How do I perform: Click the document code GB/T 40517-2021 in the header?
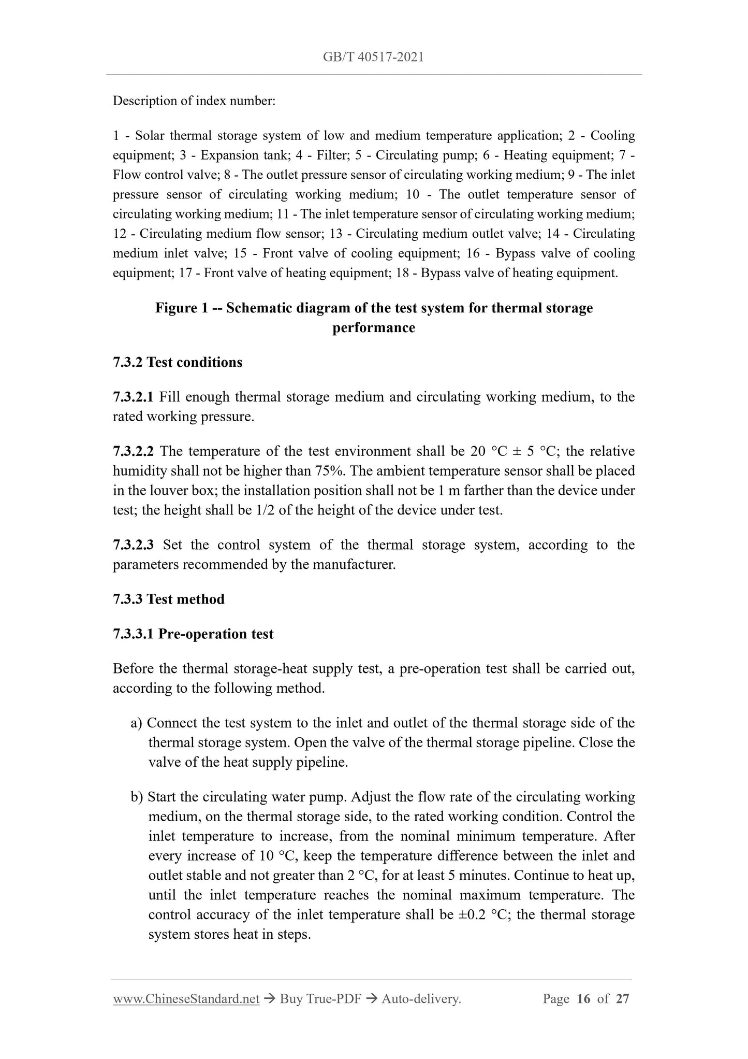click(373, 57)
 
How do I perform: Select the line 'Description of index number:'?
click(194, 101)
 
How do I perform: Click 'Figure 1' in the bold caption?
click(181, 308)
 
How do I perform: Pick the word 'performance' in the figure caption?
click(374, 328)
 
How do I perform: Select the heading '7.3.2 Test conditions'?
click(178, 362)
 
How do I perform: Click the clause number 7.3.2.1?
click(133, 397)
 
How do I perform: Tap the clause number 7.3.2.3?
click(133, 545)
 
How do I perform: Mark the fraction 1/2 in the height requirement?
click(266, 510)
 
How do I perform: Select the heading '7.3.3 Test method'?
click(169, 599)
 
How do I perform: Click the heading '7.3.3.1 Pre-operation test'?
click(193, 634)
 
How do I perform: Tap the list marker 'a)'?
click(137, 723)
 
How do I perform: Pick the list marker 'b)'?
click(137, 797)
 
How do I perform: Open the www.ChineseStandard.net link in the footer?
click(186, 999)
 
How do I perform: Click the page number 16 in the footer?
click(583, 999)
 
